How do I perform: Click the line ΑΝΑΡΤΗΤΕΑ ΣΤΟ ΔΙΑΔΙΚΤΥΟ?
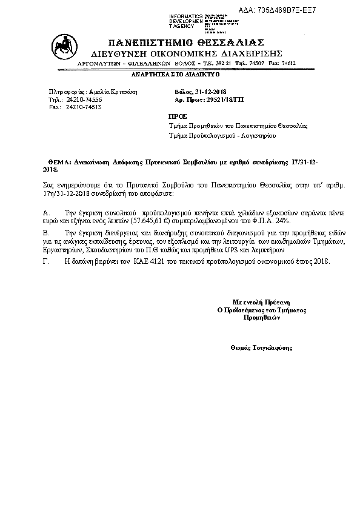click(x=176, y=75)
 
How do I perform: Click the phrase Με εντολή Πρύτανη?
click(x=262, y=301)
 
